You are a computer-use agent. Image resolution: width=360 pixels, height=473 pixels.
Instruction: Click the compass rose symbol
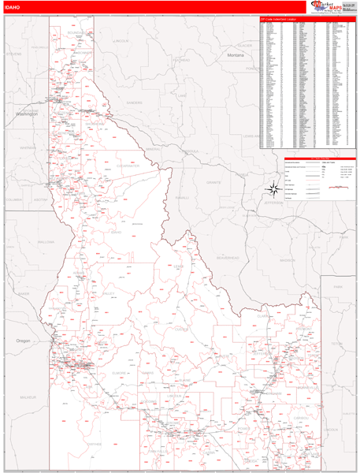[273, 188]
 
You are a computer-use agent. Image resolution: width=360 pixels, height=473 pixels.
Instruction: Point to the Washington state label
[27, 114]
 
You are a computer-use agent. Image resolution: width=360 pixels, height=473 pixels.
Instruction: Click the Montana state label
[236, 57]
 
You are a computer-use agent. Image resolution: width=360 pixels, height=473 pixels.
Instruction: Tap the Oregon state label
[24, 341]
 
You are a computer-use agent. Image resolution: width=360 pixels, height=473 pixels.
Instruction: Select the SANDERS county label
[135, 102]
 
